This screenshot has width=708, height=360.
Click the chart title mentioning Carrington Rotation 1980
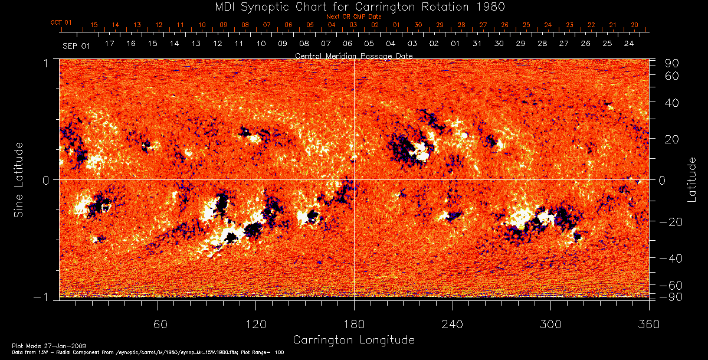click(x=353, y=6)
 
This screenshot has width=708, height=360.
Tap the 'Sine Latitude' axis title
click(x=19, y=179)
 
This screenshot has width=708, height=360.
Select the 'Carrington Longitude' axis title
click(x=353, y=340)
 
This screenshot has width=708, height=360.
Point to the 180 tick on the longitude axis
click(x=354, y=324)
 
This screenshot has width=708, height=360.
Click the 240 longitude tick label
click(x=452, y=324)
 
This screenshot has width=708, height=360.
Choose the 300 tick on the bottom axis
click(x=550, y=324)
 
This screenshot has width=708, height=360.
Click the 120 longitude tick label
click(x=255, y=324)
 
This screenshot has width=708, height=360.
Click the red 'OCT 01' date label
click(x=61, y=23)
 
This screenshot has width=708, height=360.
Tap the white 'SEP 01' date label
click(x=76, y=45)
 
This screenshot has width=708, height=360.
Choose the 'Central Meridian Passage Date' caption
click(x=353, y=55)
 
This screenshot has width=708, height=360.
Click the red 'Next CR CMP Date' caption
click(x=353, y=17)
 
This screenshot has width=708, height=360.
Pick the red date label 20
click(x=635, y=25)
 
